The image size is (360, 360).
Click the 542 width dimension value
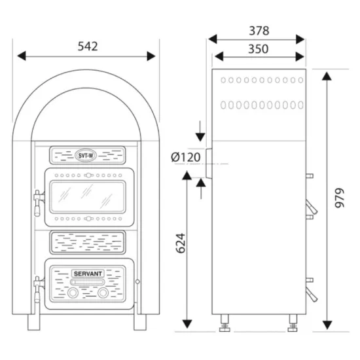click(88, 46)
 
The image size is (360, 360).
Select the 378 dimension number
click(259, 31)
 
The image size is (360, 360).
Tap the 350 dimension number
click(259, 49)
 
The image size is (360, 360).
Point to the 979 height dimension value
click(340, 198)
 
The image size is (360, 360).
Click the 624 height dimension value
click(181, 243)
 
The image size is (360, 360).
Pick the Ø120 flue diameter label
click(186, 157)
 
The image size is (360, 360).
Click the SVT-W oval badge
click(86, 155)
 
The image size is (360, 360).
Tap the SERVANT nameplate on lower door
click(88, 274)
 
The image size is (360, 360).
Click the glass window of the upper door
click(88, 197)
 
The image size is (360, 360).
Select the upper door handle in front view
click(37, 203)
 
